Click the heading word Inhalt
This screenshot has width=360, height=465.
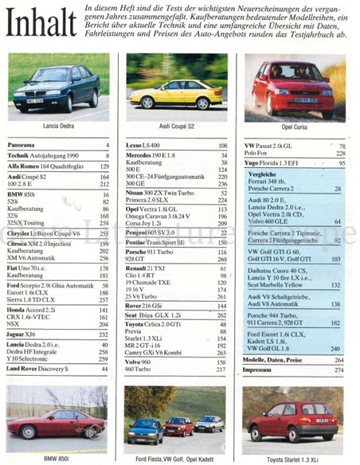(41, 23)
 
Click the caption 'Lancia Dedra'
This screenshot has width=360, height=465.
(57, 127)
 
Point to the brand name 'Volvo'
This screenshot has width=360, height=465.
(135, 362)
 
